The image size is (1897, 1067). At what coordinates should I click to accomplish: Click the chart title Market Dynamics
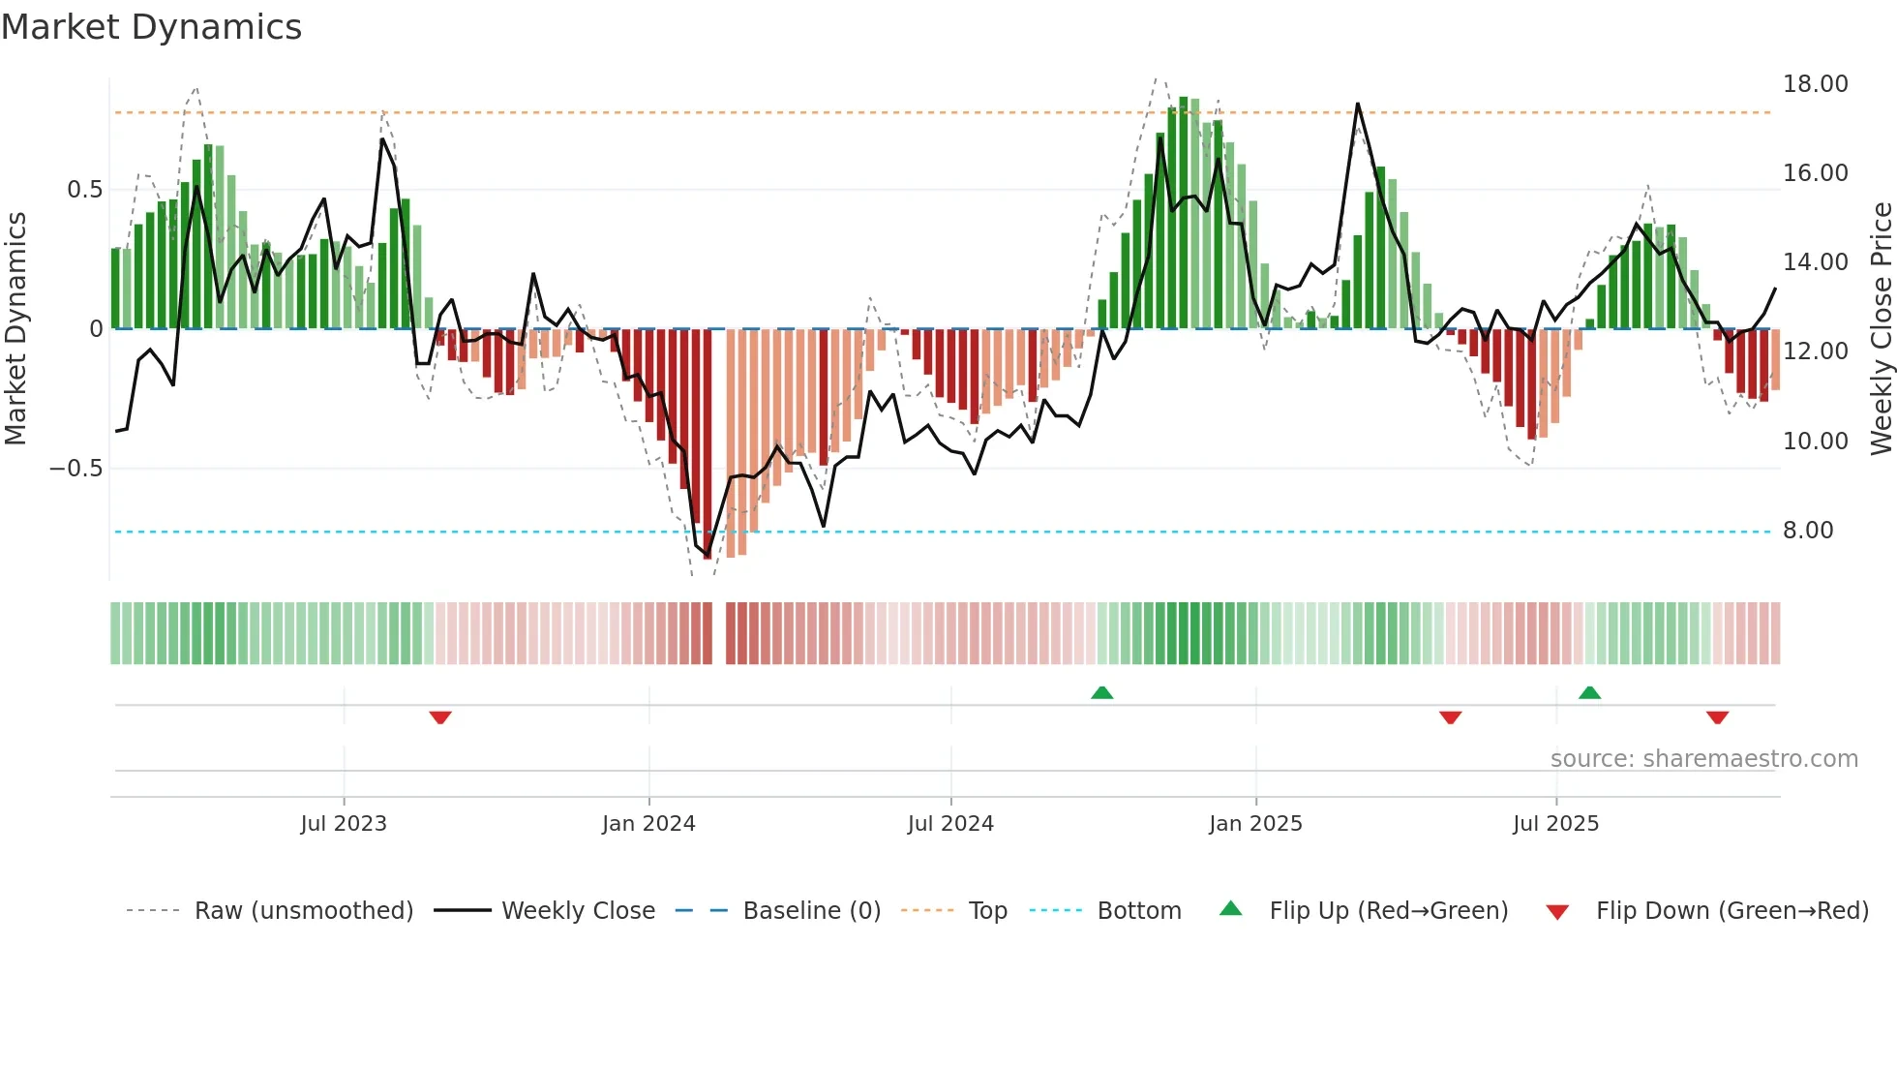151,27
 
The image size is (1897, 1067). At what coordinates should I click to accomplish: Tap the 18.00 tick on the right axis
1815,84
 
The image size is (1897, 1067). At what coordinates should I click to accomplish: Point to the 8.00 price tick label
1807,531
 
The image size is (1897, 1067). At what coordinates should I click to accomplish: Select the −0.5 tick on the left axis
75,469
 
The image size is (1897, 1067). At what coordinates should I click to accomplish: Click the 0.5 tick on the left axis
84,190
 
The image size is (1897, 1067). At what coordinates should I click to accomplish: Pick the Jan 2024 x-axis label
648,824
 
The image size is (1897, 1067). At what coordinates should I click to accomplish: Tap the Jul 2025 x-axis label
1555,824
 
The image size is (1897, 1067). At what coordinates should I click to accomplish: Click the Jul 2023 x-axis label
343,824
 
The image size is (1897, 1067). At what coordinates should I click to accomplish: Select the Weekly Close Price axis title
1881,328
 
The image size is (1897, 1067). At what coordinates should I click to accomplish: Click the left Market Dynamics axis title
15,328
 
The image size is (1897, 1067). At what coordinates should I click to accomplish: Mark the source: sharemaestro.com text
1703,759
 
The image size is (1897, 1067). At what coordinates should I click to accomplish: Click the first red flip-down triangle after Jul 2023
440,717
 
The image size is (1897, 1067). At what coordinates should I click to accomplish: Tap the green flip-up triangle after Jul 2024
1101,692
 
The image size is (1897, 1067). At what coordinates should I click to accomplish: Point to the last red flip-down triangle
1717,717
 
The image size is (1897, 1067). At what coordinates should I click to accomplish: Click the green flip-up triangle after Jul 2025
1589,692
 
